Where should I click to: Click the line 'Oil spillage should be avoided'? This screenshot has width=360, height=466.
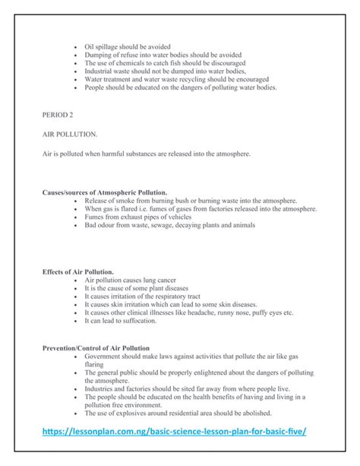coord(128,46)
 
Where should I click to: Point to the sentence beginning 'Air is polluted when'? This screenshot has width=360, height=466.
coord(157,154)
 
